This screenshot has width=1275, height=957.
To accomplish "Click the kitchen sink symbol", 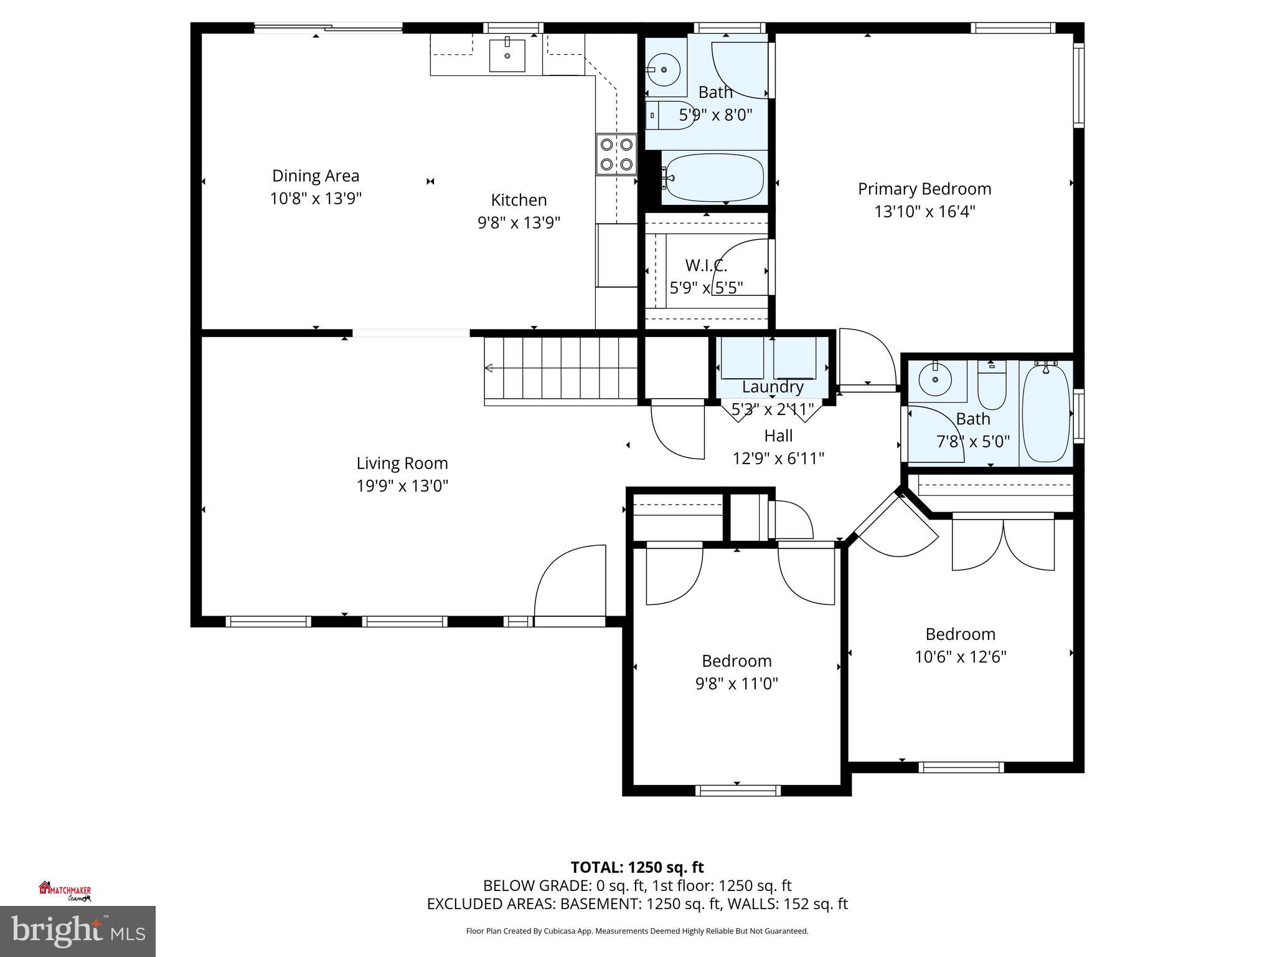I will coord(507,54).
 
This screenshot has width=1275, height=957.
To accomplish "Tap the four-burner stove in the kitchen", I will coord(616,155).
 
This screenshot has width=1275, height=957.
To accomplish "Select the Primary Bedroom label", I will coord(924,189).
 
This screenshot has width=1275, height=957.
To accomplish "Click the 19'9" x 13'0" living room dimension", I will coord(402,486).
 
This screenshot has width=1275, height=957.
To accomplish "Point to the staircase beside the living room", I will coord(560,368).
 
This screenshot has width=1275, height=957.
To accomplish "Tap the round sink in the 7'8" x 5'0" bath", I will coord(935,379).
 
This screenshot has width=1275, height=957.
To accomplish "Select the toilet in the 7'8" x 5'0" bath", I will coord(992,384).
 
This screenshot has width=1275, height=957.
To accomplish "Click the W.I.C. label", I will coord(706,265).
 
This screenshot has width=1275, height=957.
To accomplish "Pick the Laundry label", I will coord(772,387).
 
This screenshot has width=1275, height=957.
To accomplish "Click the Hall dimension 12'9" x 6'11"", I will coord(778,459).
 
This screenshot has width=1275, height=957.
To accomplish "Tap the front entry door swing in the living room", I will coord(570,583).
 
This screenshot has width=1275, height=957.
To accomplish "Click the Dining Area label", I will coord(316,176).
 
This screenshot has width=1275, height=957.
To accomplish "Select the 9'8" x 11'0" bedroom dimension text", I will coord(736,683).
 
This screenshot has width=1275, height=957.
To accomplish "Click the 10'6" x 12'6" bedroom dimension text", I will coord(960,657).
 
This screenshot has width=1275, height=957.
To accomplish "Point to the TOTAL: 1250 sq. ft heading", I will coord(637,867).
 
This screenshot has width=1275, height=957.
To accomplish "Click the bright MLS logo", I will coord(78,931).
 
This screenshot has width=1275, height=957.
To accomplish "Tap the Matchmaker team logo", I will coord(65,891).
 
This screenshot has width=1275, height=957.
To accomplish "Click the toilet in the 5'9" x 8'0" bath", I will coord(670,116).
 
